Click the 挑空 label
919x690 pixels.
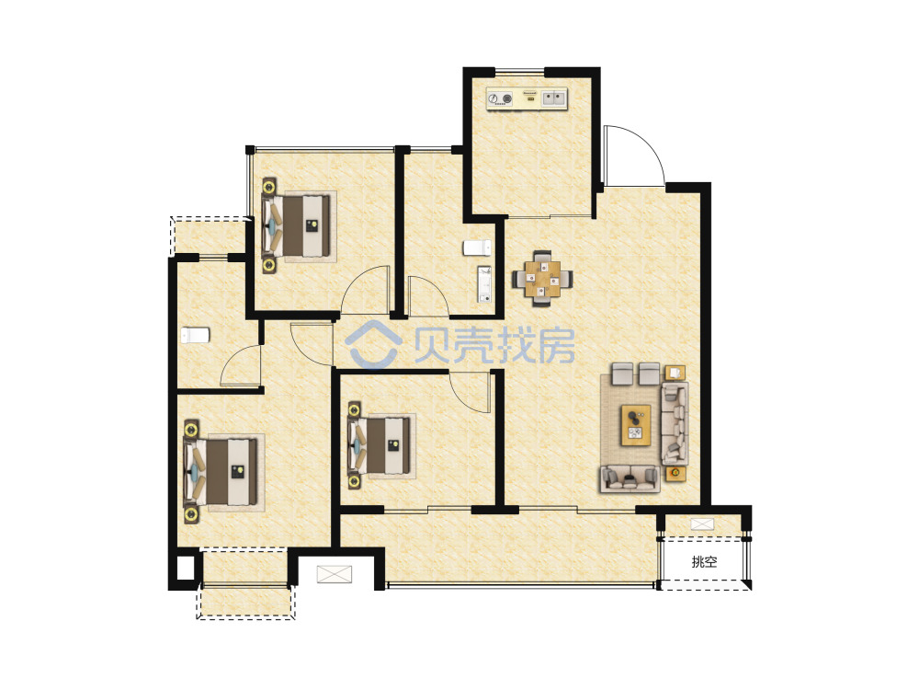pos(704,561)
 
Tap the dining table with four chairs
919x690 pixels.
pos(542,278)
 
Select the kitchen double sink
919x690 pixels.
pos(554,98)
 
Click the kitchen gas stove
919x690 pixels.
pos(500,99)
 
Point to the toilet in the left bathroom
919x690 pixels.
pos(195,335)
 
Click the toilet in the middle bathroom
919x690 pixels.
pos(476,247)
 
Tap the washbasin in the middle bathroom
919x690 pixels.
pos(484,284)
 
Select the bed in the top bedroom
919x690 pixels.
pos(299,225)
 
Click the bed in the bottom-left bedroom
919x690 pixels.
pos(223,471)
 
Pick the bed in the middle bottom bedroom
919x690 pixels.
pos(381,445)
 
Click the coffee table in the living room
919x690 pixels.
pos(636,425)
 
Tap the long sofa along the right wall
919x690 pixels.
pos(675,423)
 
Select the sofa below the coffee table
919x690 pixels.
pos(630,478)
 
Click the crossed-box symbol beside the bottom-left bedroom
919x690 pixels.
pos(335,574)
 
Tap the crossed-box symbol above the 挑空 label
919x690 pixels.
pos(702,524)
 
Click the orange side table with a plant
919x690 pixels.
pos(675,472)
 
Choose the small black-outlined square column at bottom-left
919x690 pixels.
pos(185,569)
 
